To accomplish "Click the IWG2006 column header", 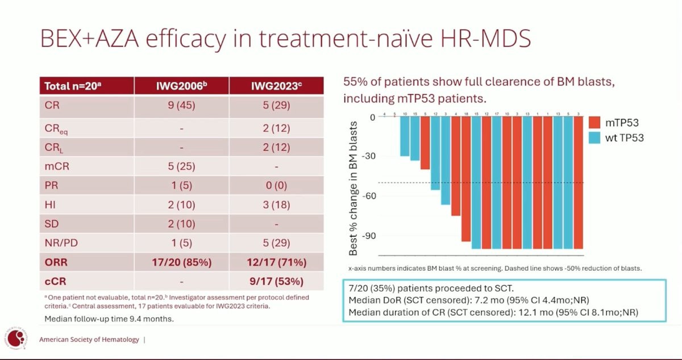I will point(181,86).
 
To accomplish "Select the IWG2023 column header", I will point(277,86).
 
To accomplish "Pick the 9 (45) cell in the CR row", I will point(181,106).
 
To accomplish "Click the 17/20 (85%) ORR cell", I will point(181,263).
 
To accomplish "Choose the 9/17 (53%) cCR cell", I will point(277,282).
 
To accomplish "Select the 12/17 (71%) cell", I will point(277,263).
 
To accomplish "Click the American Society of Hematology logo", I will point(18,340).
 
